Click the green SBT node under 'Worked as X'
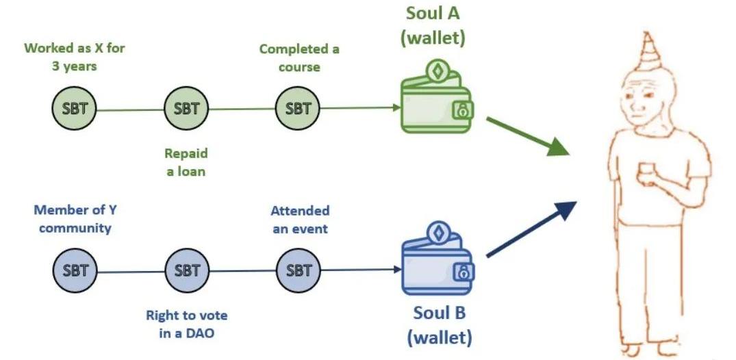pyautogui.click(x=74, y=108)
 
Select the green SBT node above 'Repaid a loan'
pyautogui.click(x=186, y=108)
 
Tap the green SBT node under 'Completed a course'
pyautogui.click(x=298, y=108)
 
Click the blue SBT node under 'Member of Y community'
pyautogui.click(x=75, y=270)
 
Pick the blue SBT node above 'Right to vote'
pyautogui.click(x=187, y=270)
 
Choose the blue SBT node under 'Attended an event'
pyautogui.click(x=298, y=270)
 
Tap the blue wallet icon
pyautogui.click(x=437, y=259)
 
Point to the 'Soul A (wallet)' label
pyautogui.click(x=432, y=25)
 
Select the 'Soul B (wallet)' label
pyautogui.click(x=440, y=325)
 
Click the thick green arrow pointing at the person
pyautogui.click(x=528, y=137)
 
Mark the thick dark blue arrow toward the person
pyautogui.click(x=531, y=229)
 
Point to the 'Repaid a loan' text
pyautogui.click(x=186, y=162)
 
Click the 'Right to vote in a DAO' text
pyautogui.click(x=187, y=324)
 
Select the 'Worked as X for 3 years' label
pyautogui.click(x=74, y=57)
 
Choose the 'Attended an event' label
pyautogui.click(x=300, y=219)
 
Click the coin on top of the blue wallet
pyautogui.click(x=438, y=234)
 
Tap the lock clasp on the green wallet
pyautogui.click(x=463, y=110)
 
